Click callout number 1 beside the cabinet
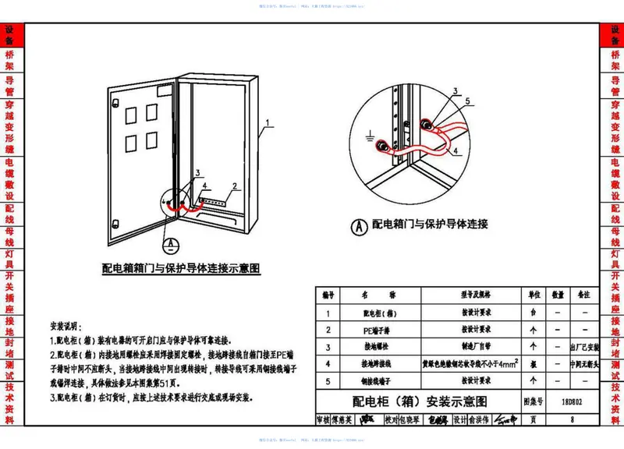pyautogui.click(x=268, y=123)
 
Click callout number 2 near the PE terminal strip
pyautogui.click(x=233, y=187)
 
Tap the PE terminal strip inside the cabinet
pyautogui.click(x=211, y=201)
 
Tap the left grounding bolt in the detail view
pyautogui.click(x=384, y=147)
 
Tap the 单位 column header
pyautogui.click(x=534, y=295)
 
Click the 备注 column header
pyautogui.click(x=582, y=295)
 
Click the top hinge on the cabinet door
pyautogui.click(x=113, y=103)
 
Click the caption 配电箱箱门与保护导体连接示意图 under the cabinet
pyautogui.click(x=180, y=268)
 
